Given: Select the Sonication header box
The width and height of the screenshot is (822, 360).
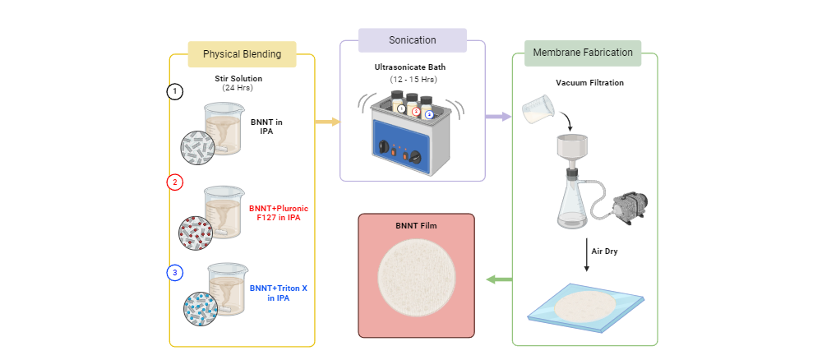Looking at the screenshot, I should point(413,40).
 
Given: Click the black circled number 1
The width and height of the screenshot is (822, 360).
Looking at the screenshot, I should point(174,91).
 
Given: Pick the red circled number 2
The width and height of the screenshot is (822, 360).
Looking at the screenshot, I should point(174,182).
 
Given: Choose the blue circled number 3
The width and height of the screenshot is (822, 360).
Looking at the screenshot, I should point(174,273).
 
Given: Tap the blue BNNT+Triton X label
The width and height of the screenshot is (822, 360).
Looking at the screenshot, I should point(275,293).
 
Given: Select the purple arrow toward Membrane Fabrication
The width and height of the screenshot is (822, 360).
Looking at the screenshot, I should point(496,117).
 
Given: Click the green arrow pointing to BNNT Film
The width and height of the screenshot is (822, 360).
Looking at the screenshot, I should point(498,279).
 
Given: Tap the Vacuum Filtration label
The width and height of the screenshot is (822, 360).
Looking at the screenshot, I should point(589,83).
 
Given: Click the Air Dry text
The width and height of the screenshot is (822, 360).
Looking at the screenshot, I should point(604,250).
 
